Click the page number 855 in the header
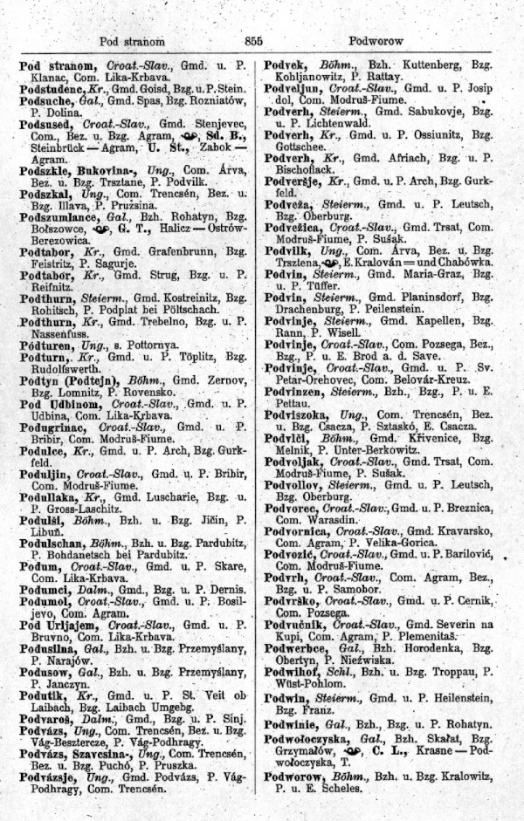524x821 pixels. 255,40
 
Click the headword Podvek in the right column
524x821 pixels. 287,65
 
